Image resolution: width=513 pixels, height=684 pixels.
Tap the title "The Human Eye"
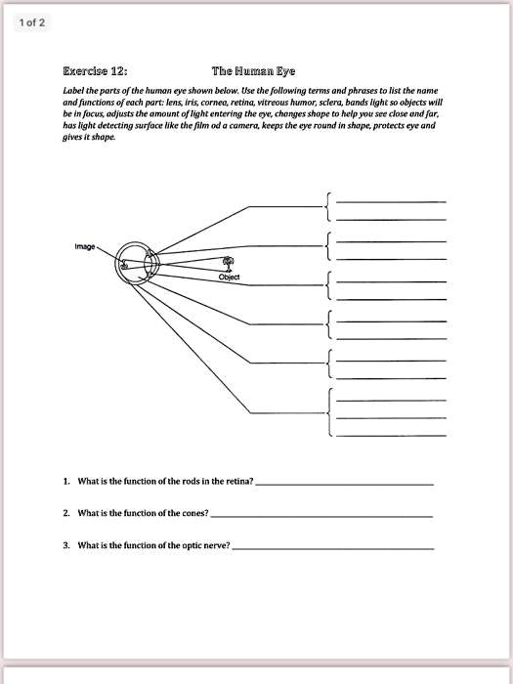tap(253, 71)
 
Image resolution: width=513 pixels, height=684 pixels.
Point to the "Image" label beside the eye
tap(84, 246)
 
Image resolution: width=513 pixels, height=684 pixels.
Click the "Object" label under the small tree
tap(229, 278)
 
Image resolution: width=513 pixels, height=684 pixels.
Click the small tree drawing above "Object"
tap(229, 264)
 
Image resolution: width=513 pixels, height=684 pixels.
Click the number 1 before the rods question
tap(65, 482)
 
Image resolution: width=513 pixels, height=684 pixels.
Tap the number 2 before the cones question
tap(65, 512)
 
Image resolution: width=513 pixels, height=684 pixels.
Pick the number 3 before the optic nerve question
tap(65, 544)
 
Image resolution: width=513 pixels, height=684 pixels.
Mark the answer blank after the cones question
tap(321, 515)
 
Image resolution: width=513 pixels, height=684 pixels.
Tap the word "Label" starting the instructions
tap(72, 89)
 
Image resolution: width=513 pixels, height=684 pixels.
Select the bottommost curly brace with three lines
tap(328, 410)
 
